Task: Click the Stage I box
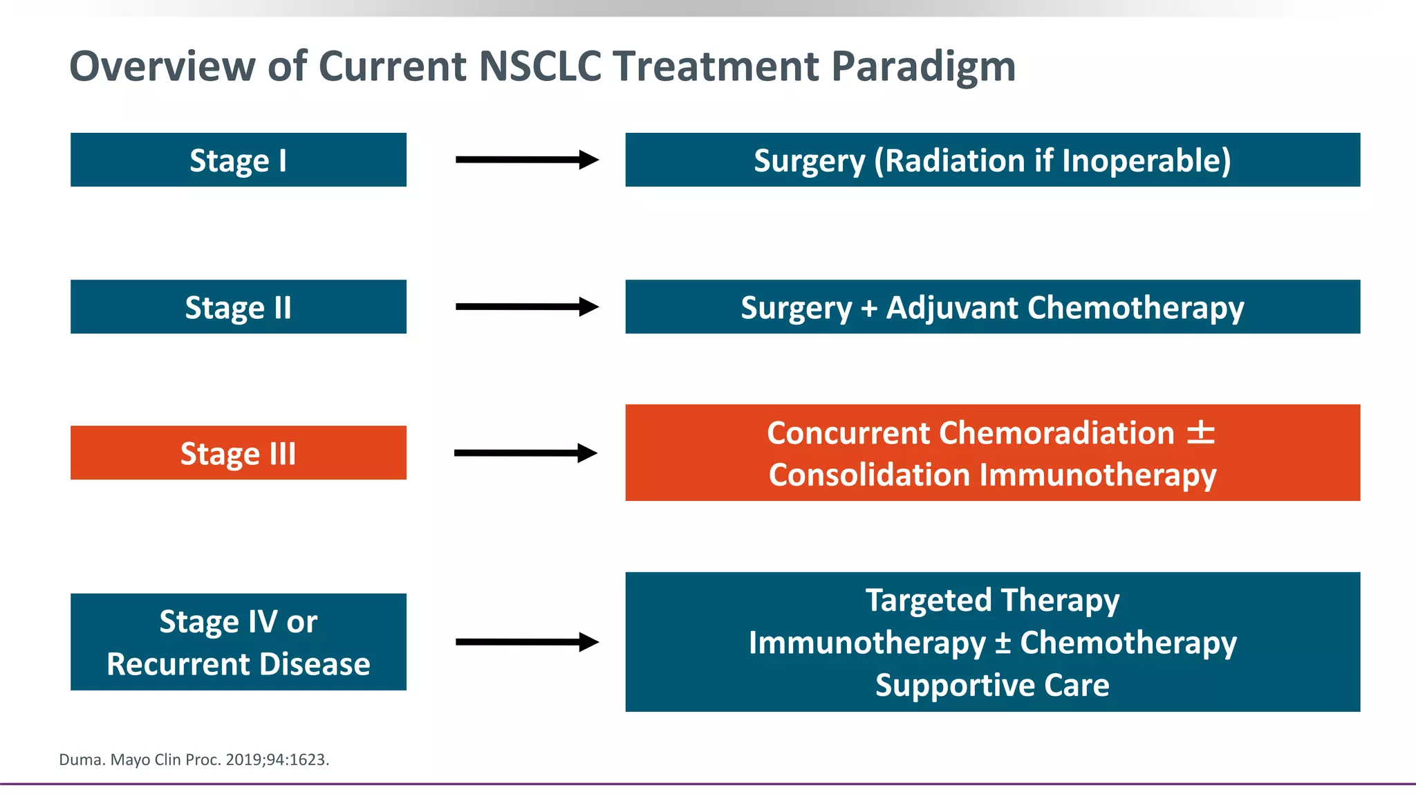pyautogui.click(x=239, y=160)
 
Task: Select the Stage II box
pyautogui.click(x=239, y=306)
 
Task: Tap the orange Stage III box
pyautogui.click(x=239, y=452)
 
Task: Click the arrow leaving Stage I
pyautogui.click(x=527, y=160)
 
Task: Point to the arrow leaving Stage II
pyautogui.click(x=527, y=306)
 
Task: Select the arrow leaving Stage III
pyautogui.click(x=525, y=453)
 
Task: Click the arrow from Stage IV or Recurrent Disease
pyautogui.click(x=527, y=642)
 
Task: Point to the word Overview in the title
pyautogui.click(x=162, y=66)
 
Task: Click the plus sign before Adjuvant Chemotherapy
pyautogui.click(x=869, y=309)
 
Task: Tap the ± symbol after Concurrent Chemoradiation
pyautogui.click(x=1201, y=432)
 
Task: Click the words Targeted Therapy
pyautogui.click(x=992, y=601)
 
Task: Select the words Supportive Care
pyautogui.click(x=992, y=686)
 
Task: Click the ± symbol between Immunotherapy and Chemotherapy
pyautogui.click(x=1003, y=643)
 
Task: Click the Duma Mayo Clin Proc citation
pyautogui.click(x=194, y=760)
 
